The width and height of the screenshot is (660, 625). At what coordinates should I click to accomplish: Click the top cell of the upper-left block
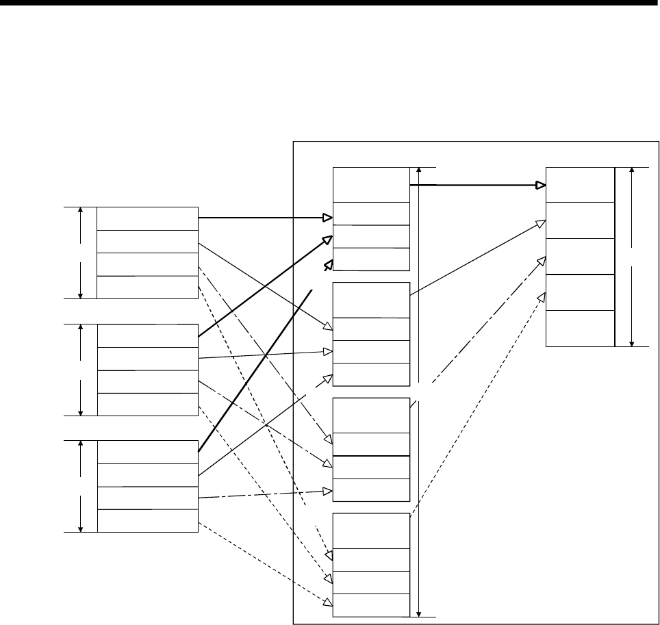coord(147,218)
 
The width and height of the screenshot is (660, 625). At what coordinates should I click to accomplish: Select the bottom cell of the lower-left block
coord(147,521)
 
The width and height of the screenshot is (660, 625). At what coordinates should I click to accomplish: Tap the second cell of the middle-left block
coord(147,359)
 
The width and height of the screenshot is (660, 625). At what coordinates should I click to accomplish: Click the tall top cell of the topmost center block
coord(370,184)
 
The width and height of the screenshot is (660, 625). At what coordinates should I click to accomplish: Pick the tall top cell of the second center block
coord(370,300)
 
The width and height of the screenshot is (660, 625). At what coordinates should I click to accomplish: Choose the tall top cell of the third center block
coord(370,416)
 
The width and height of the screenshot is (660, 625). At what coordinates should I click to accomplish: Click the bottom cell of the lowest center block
coord(370,605)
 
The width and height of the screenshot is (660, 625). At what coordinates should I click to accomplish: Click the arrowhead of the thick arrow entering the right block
coord(541,185)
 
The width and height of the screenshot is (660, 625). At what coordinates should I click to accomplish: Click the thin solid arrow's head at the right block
coord(542,222)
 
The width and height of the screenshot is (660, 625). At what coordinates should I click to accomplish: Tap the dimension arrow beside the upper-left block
coord(81,253)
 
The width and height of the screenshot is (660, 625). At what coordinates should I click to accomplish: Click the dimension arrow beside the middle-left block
coord(81,370)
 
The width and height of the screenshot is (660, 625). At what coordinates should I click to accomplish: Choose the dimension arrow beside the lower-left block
coord(81,486)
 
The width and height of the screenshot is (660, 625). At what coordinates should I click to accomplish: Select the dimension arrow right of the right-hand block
coord(631,256)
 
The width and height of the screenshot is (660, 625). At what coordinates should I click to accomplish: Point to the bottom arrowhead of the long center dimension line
coord(418,613)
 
